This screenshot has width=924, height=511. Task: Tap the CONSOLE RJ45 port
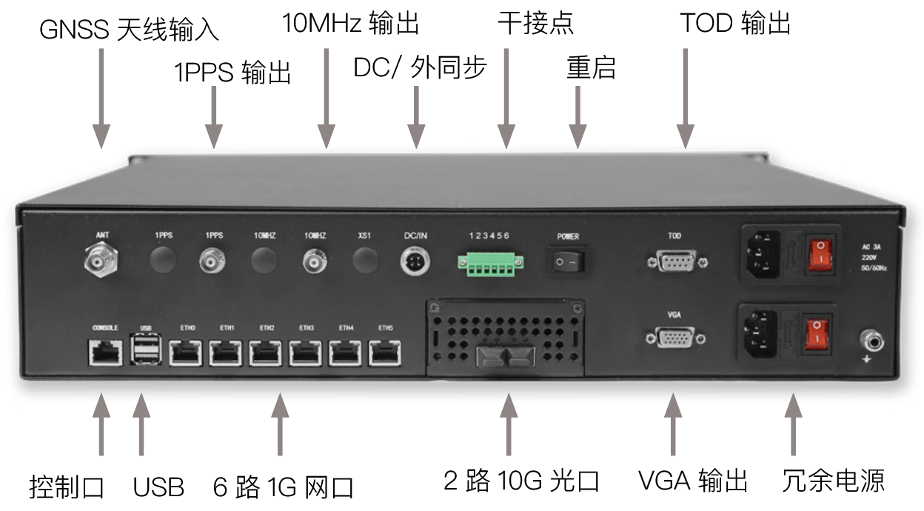[105, 352]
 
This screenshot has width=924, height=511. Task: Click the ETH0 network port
[187, 353]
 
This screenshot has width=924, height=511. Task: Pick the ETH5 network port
[385, 353]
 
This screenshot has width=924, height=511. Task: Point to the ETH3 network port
[306, 353]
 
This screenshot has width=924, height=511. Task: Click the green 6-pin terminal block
[489, 261]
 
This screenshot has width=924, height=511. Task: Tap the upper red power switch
[817, 253]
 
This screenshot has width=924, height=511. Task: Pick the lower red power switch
[817, 333]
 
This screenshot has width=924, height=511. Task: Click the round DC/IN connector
[415, 261]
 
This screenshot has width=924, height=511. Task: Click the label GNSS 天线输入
[130, 30]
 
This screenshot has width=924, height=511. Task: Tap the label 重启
[591, 67]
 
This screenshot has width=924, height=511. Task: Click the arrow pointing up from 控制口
[101, 427]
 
